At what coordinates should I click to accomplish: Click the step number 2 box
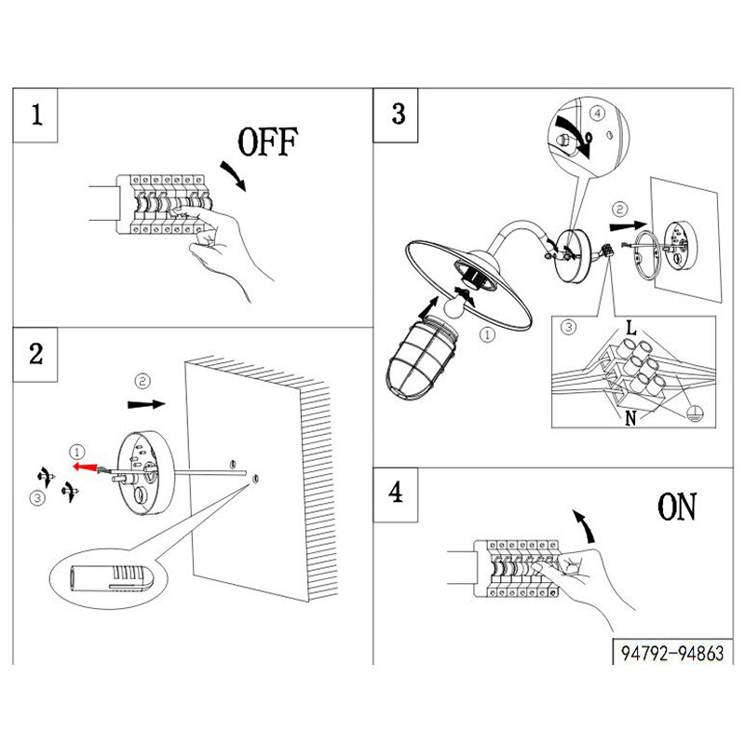point(36,354)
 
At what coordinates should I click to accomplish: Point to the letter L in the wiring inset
point(630,328)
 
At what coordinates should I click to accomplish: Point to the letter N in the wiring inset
point(630,418)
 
